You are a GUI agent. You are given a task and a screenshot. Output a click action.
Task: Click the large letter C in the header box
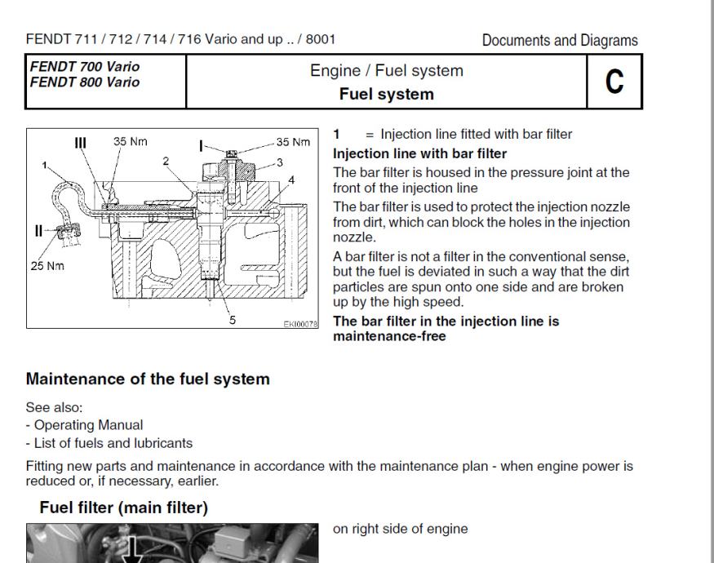(x=614, y=82)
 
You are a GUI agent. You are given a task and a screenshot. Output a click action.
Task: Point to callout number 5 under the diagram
(x=232, y=320)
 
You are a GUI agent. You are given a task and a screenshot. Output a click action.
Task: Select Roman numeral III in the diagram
(x=80, y=142)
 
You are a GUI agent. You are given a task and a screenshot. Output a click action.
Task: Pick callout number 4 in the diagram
(x=291, y=180)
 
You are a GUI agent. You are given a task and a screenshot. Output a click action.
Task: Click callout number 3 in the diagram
(x=280, y=162)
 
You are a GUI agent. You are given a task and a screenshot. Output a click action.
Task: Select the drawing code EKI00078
(x=300, y=324)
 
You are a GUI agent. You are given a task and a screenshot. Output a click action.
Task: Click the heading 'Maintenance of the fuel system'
(x=148, y=379)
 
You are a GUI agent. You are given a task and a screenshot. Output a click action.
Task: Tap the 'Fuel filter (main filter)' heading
(x=123, y=508)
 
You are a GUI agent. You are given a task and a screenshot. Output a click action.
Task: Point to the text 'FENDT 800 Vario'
(x=82, y=82)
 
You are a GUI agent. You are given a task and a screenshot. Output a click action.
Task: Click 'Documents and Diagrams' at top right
(x=560, y=40)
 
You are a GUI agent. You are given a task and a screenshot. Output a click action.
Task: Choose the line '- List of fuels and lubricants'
(x=109, y=443)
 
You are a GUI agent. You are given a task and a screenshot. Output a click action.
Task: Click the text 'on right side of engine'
(x=400, y=529)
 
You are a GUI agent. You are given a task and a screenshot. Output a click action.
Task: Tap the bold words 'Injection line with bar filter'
(x=419, y=153)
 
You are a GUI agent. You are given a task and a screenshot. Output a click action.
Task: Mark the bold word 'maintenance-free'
(x=389, y=335)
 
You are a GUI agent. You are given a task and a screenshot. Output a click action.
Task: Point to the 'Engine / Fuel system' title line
(x=386, y=71)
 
